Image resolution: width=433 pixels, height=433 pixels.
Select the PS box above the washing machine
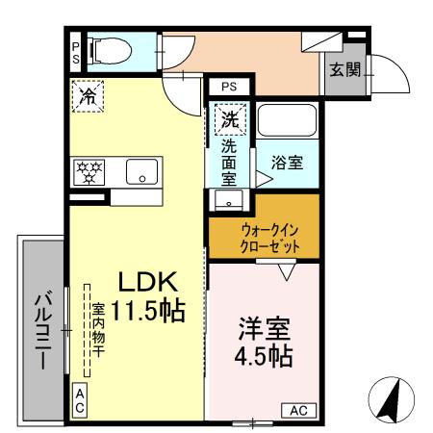coord(228,87)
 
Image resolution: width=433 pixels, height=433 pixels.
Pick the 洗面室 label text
coord(229,163)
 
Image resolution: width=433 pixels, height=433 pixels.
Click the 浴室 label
coord(287,163)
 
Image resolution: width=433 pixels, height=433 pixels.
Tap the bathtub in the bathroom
coord(287,121)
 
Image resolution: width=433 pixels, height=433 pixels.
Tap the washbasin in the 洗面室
coord(228,200)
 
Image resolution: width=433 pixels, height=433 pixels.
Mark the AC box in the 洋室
coord(298,410)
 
